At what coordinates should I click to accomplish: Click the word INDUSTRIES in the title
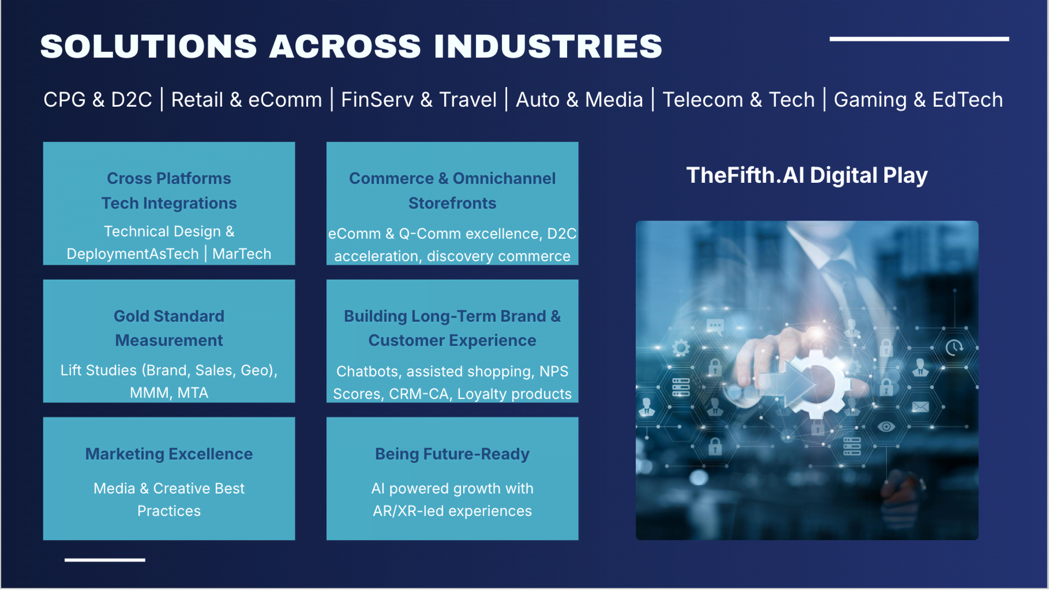pyautogui.click(x=548, y=46)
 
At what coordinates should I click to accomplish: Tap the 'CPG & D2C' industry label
pyautogui.click(x=97, y=100)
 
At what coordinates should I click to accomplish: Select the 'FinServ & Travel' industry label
pyautogui.click(x=418, y=100)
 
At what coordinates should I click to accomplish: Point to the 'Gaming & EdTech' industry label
pyautogui.click(x=918, y=100)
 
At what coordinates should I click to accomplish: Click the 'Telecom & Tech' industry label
pyautogui.click(x=738, y=100)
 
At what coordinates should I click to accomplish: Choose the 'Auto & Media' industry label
pyautogui.click(x=579, y=100)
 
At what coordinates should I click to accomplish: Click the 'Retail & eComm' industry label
pyautogui.click(x=246, y=100)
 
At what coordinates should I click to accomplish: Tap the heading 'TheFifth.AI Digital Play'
pyautogui.click(x=807, y=175)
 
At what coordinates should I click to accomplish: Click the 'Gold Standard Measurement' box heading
pyautogui.click(x=169, y=328)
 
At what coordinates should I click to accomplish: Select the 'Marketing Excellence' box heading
pyautogui.click(x=169, y=454)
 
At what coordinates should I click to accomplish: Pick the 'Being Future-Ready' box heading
pyautogui.click(x=452, y=454)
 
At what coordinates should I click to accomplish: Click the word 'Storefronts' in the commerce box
pyautogui.click(x=452, y=203)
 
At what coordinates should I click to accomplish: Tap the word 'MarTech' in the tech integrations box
pyautogui.click(x=242, y=254)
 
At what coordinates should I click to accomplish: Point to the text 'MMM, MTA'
pyautogui.click(x=169, y=393)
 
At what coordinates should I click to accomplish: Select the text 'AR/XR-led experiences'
pyautogui.click(x=452, y=511)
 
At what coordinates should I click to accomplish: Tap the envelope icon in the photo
pyautogui.click(x=920, y=407)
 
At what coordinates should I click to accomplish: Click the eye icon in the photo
pyautogui.click(x=886, y=427)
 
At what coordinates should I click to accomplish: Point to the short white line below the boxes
pyautogui.click(x=104, y=560)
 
